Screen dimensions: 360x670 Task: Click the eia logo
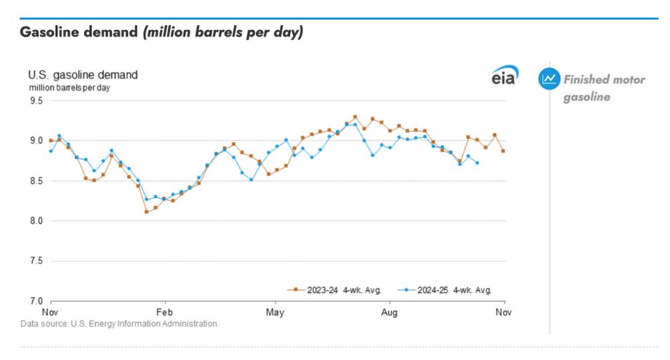click(503, 77)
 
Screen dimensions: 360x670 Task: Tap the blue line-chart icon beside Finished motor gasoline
click(549, 79)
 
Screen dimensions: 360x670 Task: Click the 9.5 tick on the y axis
click(35, 101)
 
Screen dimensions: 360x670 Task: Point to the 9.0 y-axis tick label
click(35, 141)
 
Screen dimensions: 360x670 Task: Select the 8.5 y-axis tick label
click(35, 181)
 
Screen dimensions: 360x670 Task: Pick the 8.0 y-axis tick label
click(35, 221)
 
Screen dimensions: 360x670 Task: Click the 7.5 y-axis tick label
click(35, 261)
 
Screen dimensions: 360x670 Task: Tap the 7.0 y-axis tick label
click(35, 301)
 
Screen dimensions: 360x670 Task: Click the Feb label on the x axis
click(164, 312)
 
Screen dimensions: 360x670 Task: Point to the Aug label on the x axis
click(389, 312)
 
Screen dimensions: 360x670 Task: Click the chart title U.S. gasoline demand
click(82, 75)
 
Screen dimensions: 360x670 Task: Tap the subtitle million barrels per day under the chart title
click(69, 88)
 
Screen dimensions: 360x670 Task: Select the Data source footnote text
click(119, 324)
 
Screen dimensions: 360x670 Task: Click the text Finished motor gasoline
click(603, 88)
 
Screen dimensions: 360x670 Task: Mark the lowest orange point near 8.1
click(146, 212)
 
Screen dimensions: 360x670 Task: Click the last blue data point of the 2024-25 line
click(477, 163)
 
